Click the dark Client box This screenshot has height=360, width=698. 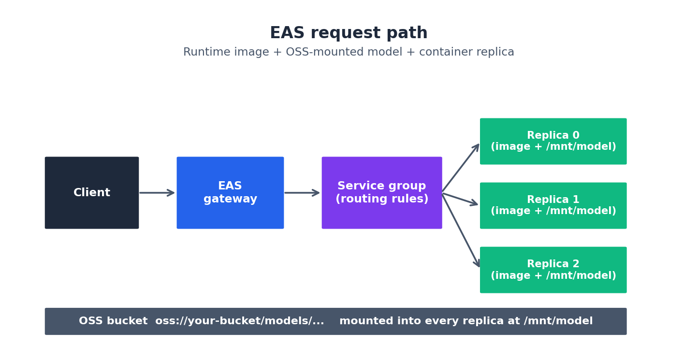point(92,193)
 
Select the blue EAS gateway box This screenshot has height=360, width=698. point(230,193)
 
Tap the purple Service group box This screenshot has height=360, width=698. point(382,193)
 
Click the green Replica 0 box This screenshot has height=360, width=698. point(553,141)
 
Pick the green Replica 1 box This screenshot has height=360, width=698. point(553,205)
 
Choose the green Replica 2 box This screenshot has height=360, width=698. point(553,270)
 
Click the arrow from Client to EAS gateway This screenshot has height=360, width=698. point(157,193)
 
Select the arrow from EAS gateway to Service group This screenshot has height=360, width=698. point(302,193)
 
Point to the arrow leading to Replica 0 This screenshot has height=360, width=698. point(461,168)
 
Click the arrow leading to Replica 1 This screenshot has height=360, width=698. point(460,199)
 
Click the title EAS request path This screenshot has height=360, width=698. point(349,33)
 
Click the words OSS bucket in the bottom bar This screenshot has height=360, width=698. point(113,321)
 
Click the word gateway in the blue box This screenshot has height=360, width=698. point(230,199)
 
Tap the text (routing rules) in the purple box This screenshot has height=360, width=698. point(382,199)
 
